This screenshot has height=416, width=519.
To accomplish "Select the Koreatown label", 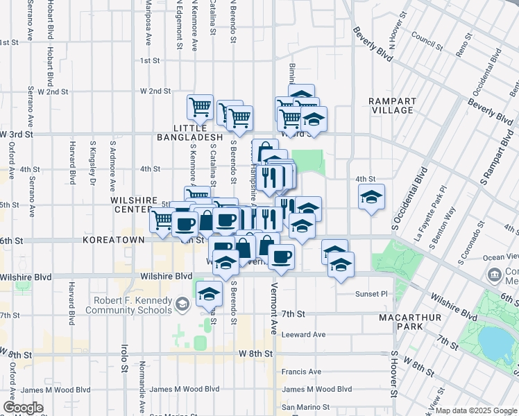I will (x=113, y=240).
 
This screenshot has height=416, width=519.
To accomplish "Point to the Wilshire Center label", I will (x=131, y=204).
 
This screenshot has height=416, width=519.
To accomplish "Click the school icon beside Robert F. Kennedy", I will (x=182, y=303).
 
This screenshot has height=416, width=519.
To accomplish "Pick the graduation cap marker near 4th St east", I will (x=371, y=197).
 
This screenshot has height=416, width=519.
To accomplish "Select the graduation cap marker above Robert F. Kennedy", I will (x=208, y=294).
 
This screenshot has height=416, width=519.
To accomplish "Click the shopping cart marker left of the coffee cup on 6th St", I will (x=162, y=220).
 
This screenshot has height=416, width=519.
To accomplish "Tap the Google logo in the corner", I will (x=23, y=408).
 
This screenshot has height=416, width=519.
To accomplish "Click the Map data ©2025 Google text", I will (x=476, y=410).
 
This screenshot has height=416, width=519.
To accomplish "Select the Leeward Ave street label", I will (x=303, y=335).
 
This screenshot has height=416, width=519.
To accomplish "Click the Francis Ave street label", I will (x=301, y=372).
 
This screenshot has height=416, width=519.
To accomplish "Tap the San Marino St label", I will (x=305, y=407).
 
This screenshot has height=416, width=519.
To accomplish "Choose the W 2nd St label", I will (x=155, y=91).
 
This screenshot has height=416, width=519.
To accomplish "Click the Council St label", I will (x=427, y=41).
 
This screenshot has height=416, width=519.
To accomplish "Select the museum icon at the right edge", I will (x=495, y=273).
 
